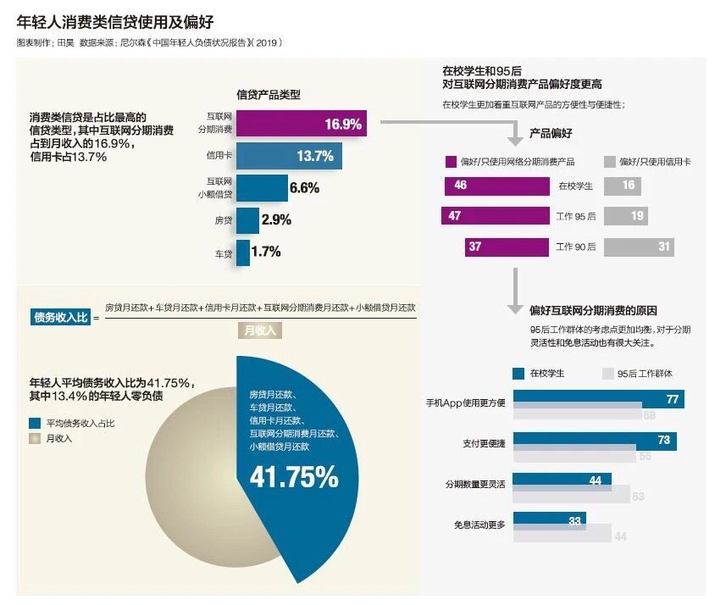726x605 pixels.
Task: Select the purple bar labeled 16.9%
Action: click(301, 125)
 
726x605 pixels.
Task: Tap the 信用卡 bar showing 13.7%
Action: click(288, 156)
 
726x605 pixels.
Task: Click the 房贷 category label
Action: click(223, 220)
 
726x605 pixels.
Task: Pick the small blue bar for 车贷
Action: click(243, 253)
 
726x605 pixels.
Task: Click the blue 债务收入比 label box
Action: click(59, 318)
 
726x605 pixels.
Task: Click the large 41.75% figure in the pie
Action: click(293, 478)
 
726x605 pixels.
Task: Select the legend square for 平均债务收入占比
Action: click(35, 422)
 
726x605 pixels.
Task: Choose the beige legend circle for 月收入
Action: click(35, 438)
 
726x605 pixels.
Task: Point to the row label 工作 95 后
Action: click(576, 217)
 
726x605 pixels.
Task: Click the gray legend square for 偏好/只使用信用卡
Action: click(610, 161)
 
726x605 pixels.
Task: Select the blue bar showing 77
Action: click(598, 399)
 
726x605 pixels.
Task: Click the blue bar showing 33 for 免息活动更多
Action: click(549, 519)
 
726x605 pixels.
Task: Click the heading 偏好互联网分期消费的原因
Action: click(593, 311)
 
